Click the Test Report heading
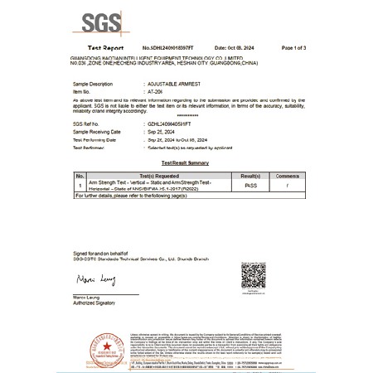pos(105,51)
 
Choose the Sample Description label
pos(92,85)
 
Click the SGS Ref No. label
pos(86,124)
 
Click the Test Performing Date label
pos(94,138)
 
